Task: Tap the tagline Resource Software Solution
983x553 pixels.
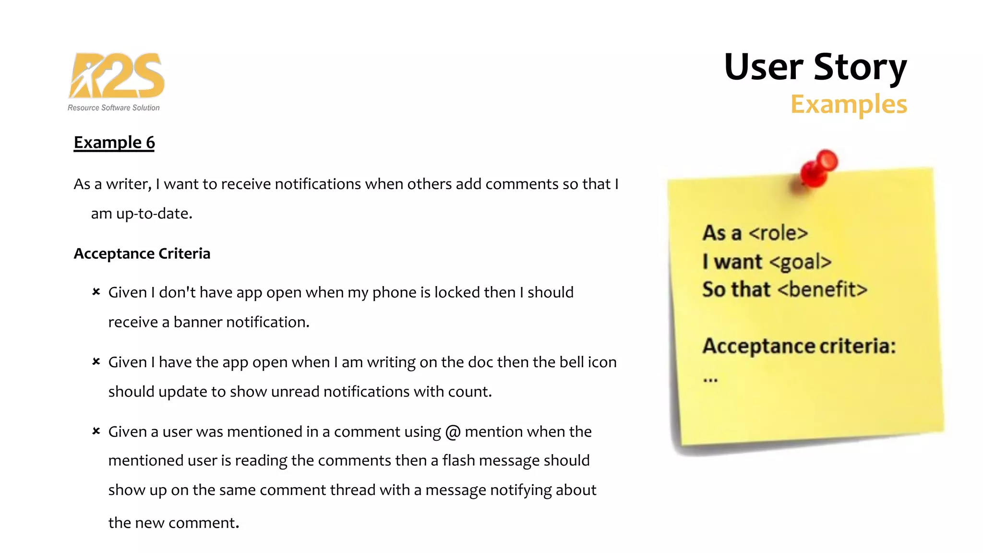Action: (113, 108)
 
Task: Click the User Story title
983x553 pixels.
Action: (815, 67)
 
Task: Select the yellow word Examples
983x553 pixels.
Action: (848, 104)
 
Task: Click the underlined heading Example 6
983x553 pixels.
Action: (114, 143)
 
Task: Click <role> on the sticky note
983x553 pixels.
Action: (778, 233)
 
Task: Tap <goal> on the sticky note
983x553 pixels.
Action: (800, 262)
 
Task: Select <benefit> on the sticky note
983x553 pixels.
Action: (822, 289)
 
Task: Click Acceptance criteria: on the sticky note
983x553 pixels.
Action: (799, 346)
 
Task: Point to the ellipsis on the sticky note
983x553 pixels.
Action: (710, 380)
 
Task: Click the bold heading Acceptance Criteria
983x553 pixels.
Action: (142, 253)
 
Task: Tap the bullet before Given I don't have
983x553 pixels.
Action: (96, 292)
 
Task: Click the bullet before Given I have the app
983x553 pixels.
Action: (96, 361)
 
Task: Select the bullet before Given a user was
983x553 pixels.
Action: (96, 431)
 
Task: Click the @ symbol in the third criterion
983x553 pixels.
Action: (453, 432)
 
